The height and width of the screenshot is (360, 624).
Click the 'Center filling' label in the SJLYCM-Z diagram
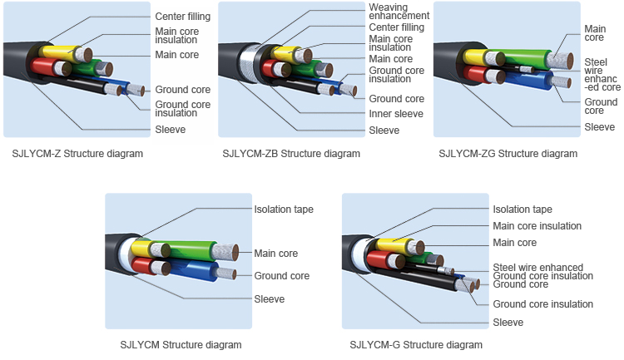coord(182,17)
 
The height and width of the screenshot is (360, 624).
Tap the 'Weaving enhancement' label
coord(399,12)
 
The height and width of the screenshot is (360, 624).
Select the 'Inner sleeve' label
coord(396,114)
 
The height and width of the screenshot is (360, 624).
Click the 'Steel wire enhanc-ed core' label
coord(602,74)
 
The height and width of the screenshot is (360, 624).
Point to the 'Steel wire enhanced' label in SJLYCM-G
coord(537,267)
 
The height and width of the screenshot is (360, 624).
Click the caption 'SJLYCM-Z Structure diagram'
coord(77,153)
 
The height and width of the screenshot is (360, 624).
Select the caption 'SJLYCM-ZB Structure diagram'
coord(291,153)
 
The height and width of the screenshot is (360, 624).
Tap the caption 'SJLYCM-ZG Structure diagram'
coord(508,153)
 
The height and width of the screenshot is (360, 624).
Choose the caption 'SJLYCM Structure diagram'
coord(181,344)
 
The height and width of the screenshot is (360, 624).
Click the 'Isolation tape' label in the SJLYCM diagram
coord(283,209)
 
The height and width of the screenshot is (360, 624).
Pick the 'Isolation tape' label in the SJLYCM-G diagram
coord(522,210)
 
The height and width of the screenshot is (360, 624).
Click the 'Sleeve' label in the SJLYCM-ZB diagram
coord(384,130)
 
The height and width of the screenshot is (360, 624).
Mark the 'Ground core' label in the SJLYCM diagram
coord(281,276)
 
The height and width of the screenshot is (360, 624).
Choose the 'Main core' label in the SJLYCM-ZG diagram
coord(595,32)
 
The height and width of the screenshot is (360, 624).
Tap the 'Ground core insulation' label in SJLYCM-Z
coord(182,109)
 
